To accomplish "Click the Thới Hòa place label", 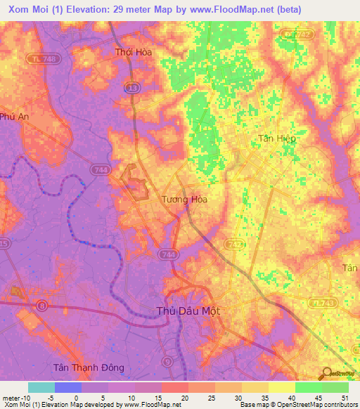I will (134, 52).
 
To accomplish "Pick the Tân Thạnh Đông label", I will (89, 368).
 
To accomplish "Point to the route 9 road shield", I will (167, 361).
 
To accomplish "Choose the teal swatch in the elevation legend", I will (41, 387).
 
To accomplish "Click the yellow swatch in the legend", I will (281, 387).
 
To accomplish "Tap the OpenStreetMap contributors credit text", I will (317, 404).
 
